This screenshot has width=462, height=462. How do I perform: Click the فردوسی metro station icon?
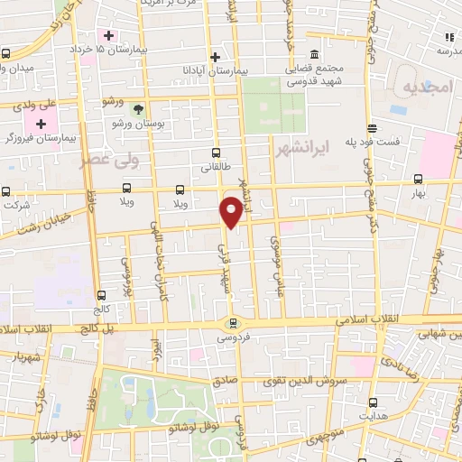[x=233, y=322]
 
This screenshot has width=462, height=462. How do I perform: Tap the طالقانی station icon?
[x=215, y=153]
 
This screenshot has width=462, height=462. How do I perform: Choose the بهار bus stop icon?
[x=417, y=179]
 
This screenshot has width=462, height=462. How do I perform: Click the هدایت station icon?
[x=372, y=403]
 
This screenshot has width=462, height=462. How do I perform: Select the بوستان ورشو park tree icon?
[x=137, y=107]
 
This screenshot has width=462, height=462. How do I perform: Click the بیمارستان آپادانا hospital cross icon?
[x=214, y=54]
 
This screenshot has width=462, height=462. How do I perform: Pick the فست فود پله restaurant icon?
[x=371, y=128]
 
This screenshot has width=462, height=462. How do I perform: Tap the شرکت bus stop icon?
[x=7, y=191]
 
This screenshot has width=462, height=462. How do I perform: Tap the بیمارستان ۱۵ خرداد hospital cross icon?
[x=109, y=36]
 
